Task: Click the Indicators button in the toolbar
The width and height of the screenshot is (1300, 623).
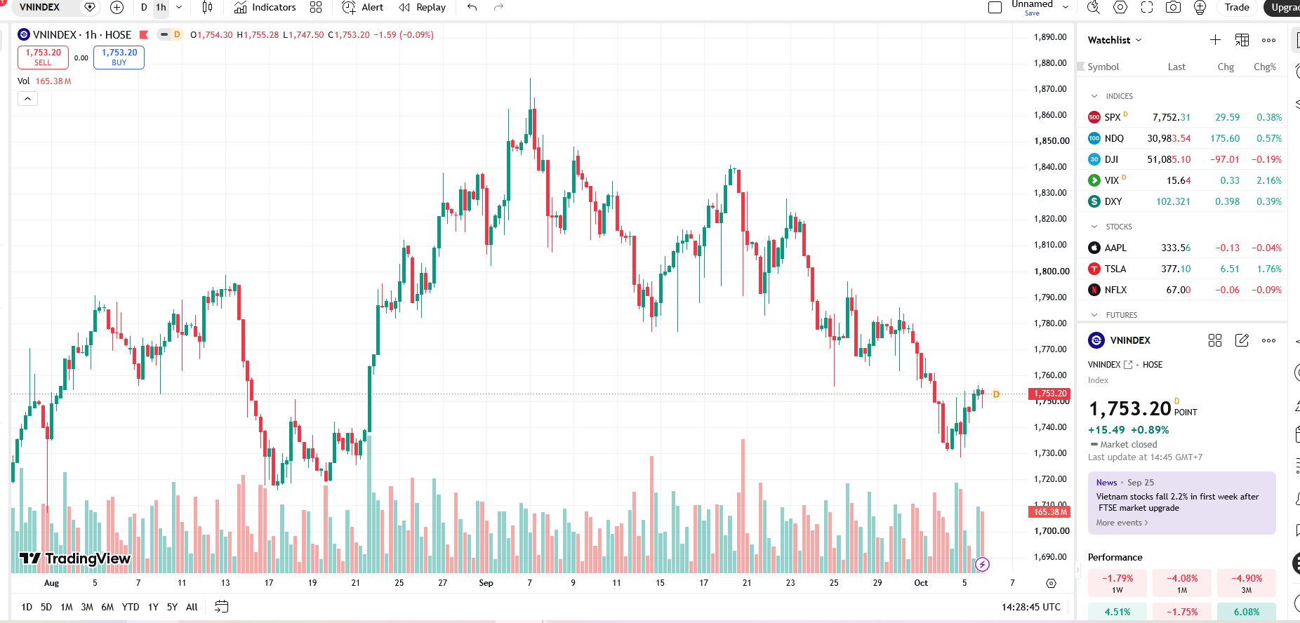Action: coord(265,8)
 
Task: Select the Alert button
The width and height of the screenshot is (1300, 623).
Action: coord(362,8)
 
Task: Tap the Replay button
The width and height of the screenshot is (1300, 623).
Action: coord(422,8)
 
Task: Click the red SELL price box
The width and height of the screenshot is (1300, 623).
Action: coord(43,58)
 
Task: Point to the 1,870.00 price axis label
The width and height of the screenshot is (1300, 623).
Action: coord(1050,89)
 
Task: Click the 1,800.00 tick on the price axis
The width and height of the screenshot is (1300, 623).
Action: coord(1050,271)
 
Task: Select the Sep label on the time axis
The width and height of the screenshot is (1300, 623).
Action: coord(486,583)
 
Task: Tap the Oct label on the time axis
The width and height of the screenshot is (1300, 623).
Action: coord(921,583)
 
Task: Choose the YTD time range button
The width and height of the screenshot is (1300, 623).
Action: coord(131,607)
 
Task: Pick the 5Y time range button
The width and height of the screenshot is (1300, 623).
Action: coord(172,607)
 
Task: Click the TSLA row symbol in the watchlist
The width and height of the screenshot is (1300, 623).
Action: coord(1115,269)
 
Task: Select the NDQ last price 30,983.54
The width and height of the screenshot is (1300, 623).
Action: coord(1169,138)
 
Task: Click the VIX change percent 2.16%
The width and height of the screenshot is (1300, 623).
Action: coord(1269,180)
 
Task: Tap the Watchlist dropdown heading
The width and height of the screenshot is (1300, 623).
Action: coord(1115,40)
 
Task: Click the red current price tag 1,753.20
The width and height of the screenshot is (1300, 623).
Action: coord(1050,394)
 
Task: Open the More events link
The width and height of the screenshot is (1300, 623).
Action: coord(1122,523)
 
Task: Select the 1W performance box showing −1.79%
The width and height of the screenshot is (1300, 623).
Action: coord(1117,583)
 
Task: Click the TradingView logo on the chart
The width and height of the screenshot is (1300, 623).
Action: coord(75,558)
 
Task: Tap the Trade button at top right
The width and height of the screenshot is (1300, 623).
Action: coord(1237,8)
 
